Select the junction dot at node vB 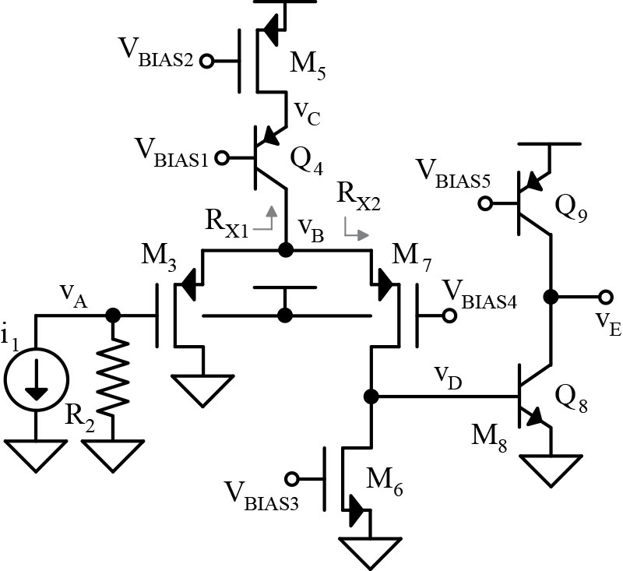point(286,250)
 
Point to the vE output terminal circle point(606,297)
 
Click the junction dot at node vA point(114,315)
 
